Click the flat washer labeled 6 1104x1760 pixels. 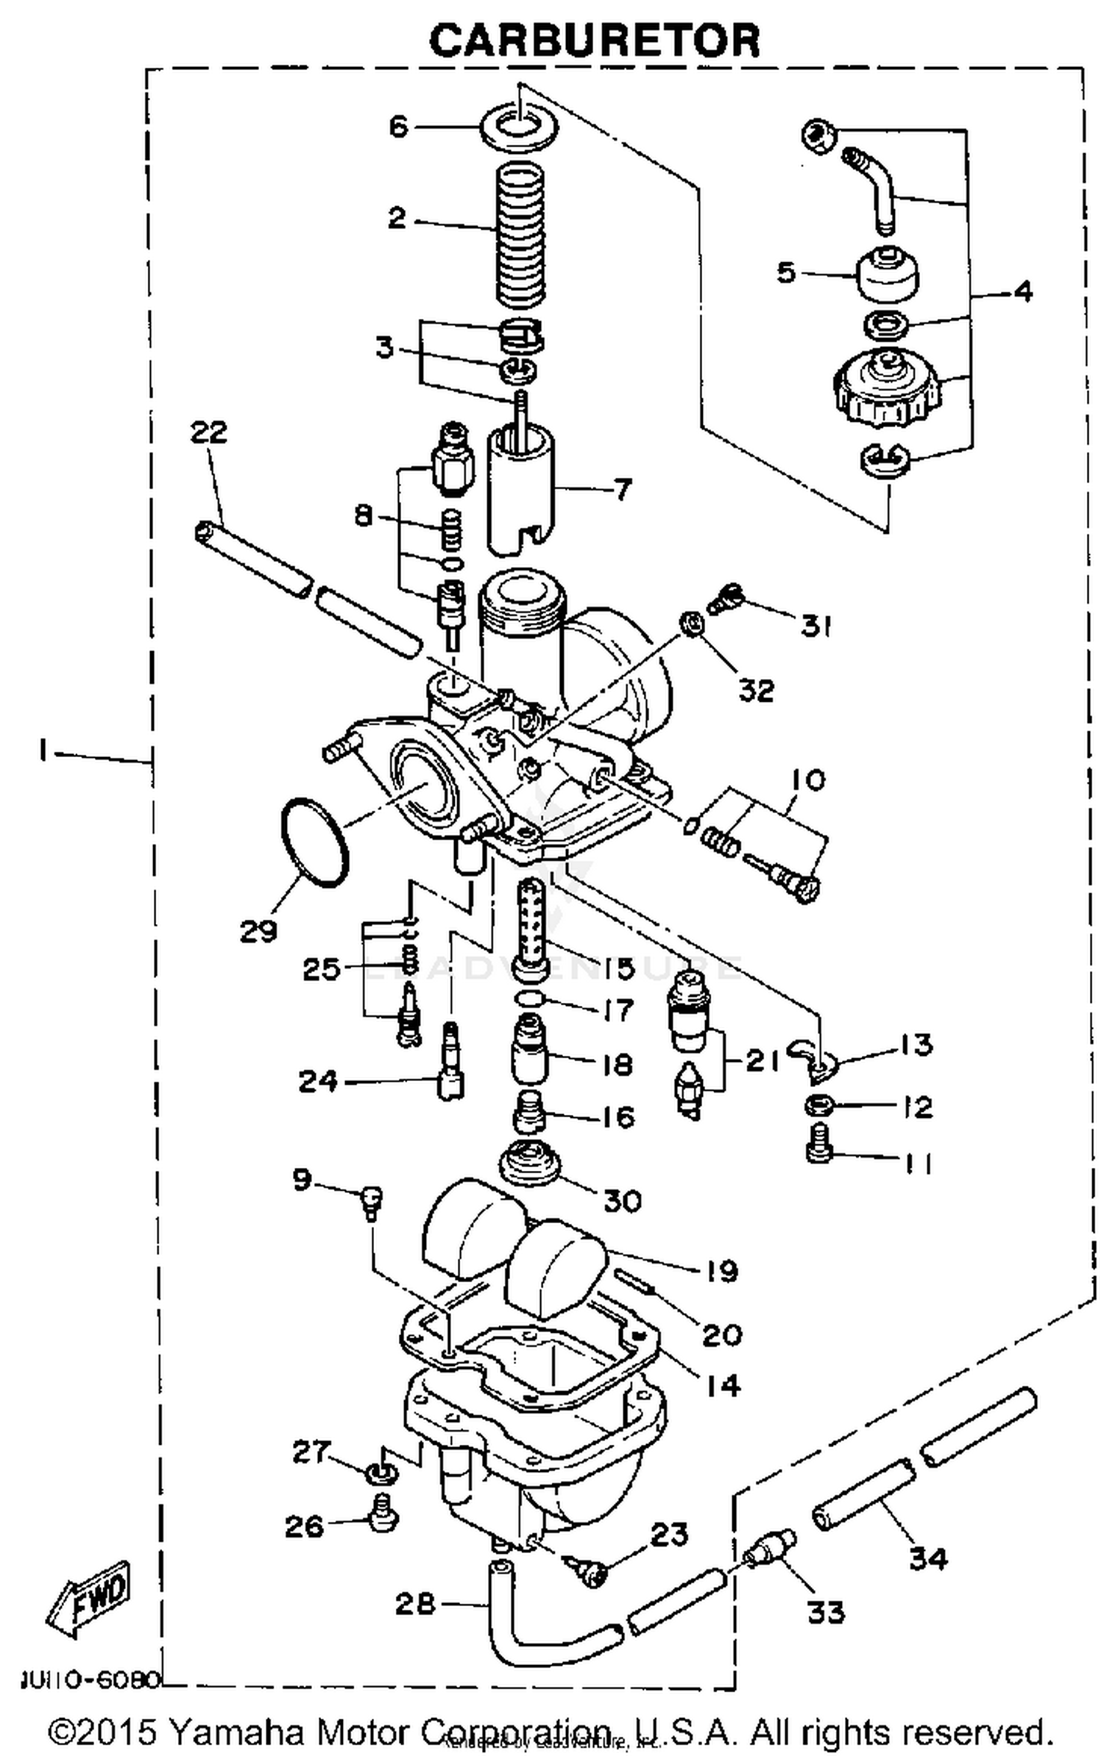519,126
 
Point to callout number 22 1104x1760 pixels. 208,432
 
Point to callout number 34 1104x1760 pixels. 927,1558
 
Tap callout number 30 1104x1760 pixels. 623,1201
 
